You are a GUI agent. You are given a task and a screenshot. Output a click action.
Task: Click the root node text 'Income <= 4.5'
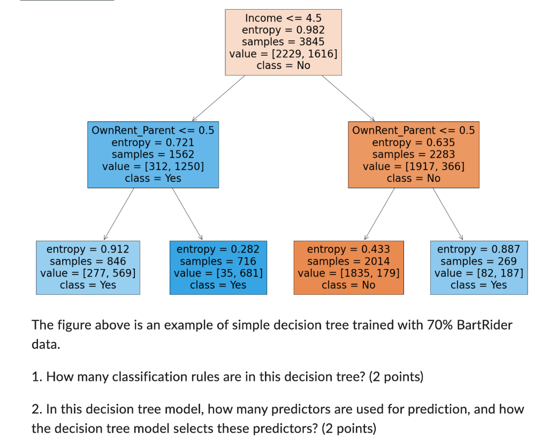[283, 18]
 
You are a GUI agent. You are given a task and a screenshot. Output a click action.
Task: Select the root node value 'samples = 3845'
[283, 42]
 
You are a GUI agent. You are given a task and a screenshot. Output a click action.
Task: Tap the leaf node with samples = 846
[88, 267]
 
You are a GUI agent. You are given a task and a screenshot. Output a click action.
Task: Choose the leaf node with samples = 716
[218, 267]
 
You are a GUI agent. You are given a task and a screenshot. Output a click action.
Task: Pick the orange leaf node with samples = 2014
[348, 267]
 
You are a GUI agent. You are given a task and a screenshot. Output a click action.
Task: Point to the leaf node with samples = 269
[478, 267]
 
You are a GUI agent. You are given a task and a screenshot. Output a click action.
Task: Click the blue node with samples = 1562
[153, 155]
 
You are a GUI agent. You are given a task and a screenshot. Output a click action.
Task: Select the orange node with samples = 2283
[413, 155]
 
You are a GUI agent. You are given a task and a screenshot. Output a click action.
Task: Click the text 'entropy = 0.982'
[283, 30]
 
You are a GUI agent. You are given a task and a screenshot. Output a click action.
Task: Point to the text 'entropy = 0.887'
[478, 249]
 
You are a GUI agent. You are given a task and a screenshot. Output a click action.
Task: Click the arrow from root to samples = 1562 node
[218, 98]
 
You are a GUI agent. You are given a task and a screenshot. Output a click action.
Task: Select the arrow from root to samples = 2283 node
[348, 98]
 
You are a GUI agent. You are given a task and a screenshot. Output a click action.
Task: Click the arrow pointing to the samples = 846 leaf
[119, 213]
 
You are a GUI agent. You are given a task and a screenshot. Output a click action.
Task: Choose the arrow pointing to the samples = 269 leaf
[447, 213]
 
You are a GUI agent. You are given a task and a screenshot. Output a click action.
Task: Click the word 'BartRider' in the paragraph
[484, 325]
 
